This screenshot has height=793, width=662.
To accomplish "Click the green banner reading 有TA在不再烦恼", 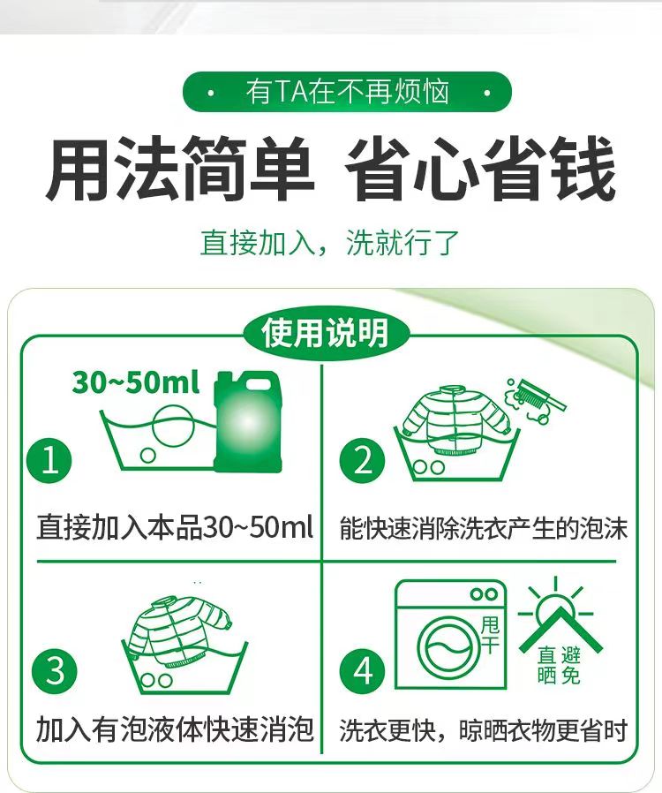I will click(x=347, y=92).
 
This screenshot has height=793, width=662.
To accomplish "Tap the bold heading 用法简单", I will click(x=180, y=170).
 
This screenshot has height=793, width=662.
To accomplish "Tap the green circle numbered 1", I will click(x=50, y=461).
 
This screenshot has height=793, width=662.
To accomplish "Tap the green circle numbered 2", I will click(x=364, y=461).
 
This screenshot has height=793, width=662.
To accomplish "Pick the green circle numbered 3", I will click(x=55, y=672).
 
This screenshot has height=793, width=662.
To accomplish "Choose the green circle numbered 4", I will click(x=364, y=672).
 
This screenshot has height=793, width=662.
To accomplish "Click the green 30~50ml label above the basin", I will click(x=136, y=382).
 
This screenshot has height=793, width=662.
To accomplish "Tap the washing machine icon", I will click(x=450, y=635).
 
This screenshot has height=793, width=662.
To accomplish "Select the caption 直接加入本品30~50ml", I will click(x=175, y=528).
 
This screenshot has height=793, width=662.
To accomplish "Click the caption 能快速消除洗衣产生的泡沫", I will click(x=484, y=528).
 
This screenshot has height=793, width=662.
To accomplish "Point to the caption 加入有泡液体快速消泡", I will click(x=175, y=730).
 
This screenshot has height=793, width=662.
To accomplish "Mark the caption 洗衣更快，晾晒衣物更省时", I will click(x=484, y=730).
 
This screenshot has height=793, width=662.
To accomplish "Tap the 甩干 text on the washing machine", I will click(x=490, y=633).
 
